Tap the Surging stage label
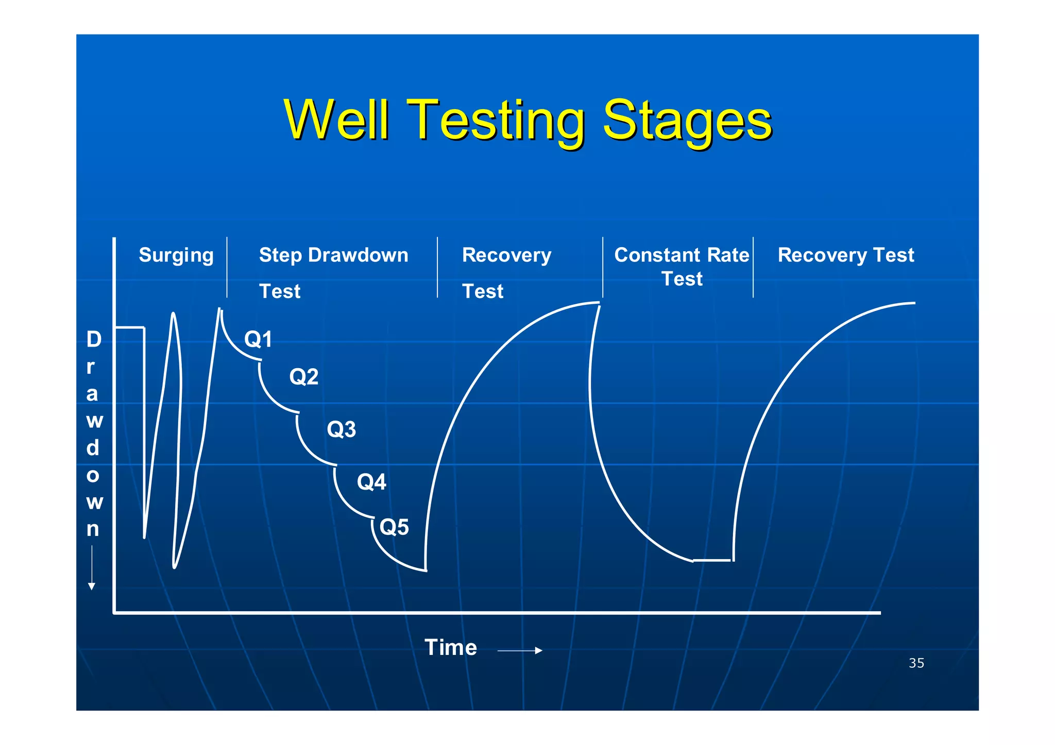176,255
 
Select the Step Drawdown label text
333,255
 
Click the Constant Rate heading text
682,255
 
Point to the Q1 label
258,339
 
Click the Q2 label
303,377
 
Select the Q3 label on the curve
341,429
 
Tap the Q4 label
371,482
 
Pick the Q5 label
394,527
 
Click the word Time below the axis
450,647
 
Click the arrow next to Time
520,651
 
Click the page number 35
916,663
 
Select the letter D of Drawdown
94,339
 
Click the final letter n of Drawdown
93,529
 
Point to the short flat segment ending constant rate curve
712,560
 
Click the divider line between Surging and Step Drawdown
227,267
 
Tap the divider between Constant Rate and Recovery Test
753,267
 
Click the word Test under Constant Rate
682,279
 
